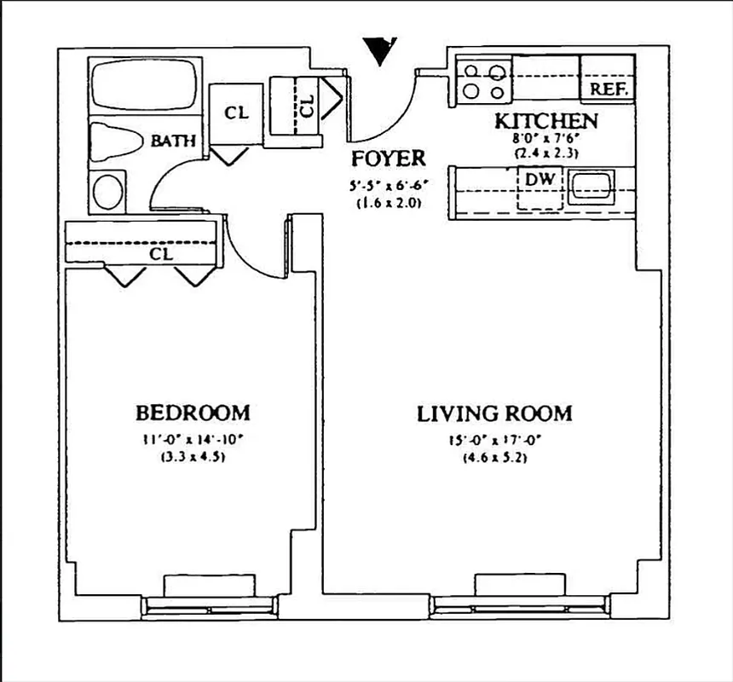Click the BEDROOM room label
point(193,413)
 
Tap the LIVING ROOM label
point(494,414)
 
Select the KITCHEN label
point(545,121)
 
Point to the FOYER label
point(388,159)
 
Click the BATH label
point(173,141)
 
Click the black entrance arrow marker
point(379,50)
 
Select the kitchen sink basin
point(591,183)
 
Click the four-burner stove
point(482,81)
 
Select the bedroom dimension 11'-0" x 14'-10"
point(193,441)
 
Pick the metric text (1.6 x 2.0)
point(389,204)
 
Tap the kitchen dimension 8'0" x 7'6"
point(546,139)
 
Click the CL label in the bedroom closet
point(161,254)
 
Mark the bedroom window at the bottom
point(210,604)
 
